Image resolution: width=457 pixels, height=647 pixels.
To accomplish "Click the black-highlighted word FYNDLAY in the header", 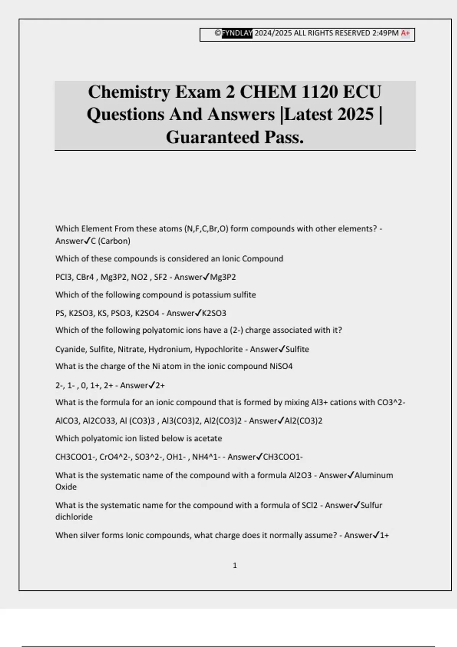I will pos(237,33).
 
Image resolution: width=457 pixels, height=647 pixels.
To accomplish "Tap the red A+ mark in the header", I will pos(405,33).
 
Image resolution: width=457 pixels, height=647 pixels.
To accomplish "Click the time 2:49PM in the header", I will pos(385,33).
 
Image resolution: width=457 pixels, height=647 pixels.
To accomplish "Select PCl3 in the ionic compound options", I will pos(63,277).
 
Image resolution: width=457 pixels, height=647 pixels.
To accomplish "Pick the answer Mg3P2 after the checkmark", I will pos(223,277).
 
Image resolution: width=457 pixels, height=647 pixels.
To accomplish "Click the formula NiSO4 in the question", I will pos(281,367).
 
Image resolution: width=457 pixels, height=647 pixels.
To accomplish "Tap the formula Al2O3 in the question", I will pos(300,475).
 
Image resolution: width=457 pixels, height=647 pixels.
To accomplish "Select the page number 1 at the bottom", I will pos(235,566).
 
